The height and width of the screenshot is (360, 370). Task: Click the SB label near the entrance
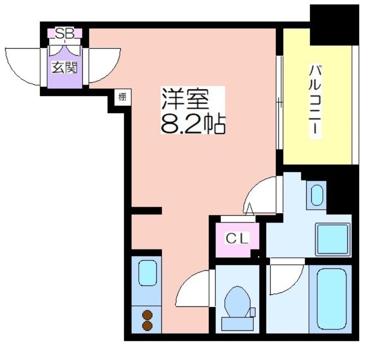(65, 33)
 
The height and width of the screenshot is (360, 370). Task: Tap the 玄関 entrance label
(65, 68)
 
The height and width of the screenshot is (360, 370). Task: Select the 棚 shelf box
(123, 97)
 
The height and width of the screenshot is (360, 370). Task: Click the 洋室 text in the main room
(185, 99)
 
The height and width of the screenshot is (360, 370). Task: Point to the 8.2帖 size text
(193, 124)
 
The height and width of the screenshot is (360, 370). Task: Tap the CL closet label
(237, 238)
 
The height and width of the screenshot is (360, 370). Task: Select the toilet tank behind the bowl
(237, 324)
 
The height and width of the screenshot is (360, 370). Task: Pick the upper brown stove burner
(147, 315)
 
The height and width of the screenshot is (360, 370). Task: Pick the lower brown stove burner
(147, 326)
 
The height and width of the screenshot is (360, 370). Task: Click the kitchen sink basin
(148, 273)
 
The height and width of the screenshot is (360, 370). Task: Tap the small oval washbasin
(317, 195)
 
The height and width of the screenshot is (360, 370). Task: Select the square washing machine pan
(333, 239)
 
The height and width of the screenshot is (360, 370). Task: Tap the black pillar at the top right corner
(334, 25)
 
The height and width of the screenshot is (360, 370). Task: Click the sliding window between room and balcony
(279, 102)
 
